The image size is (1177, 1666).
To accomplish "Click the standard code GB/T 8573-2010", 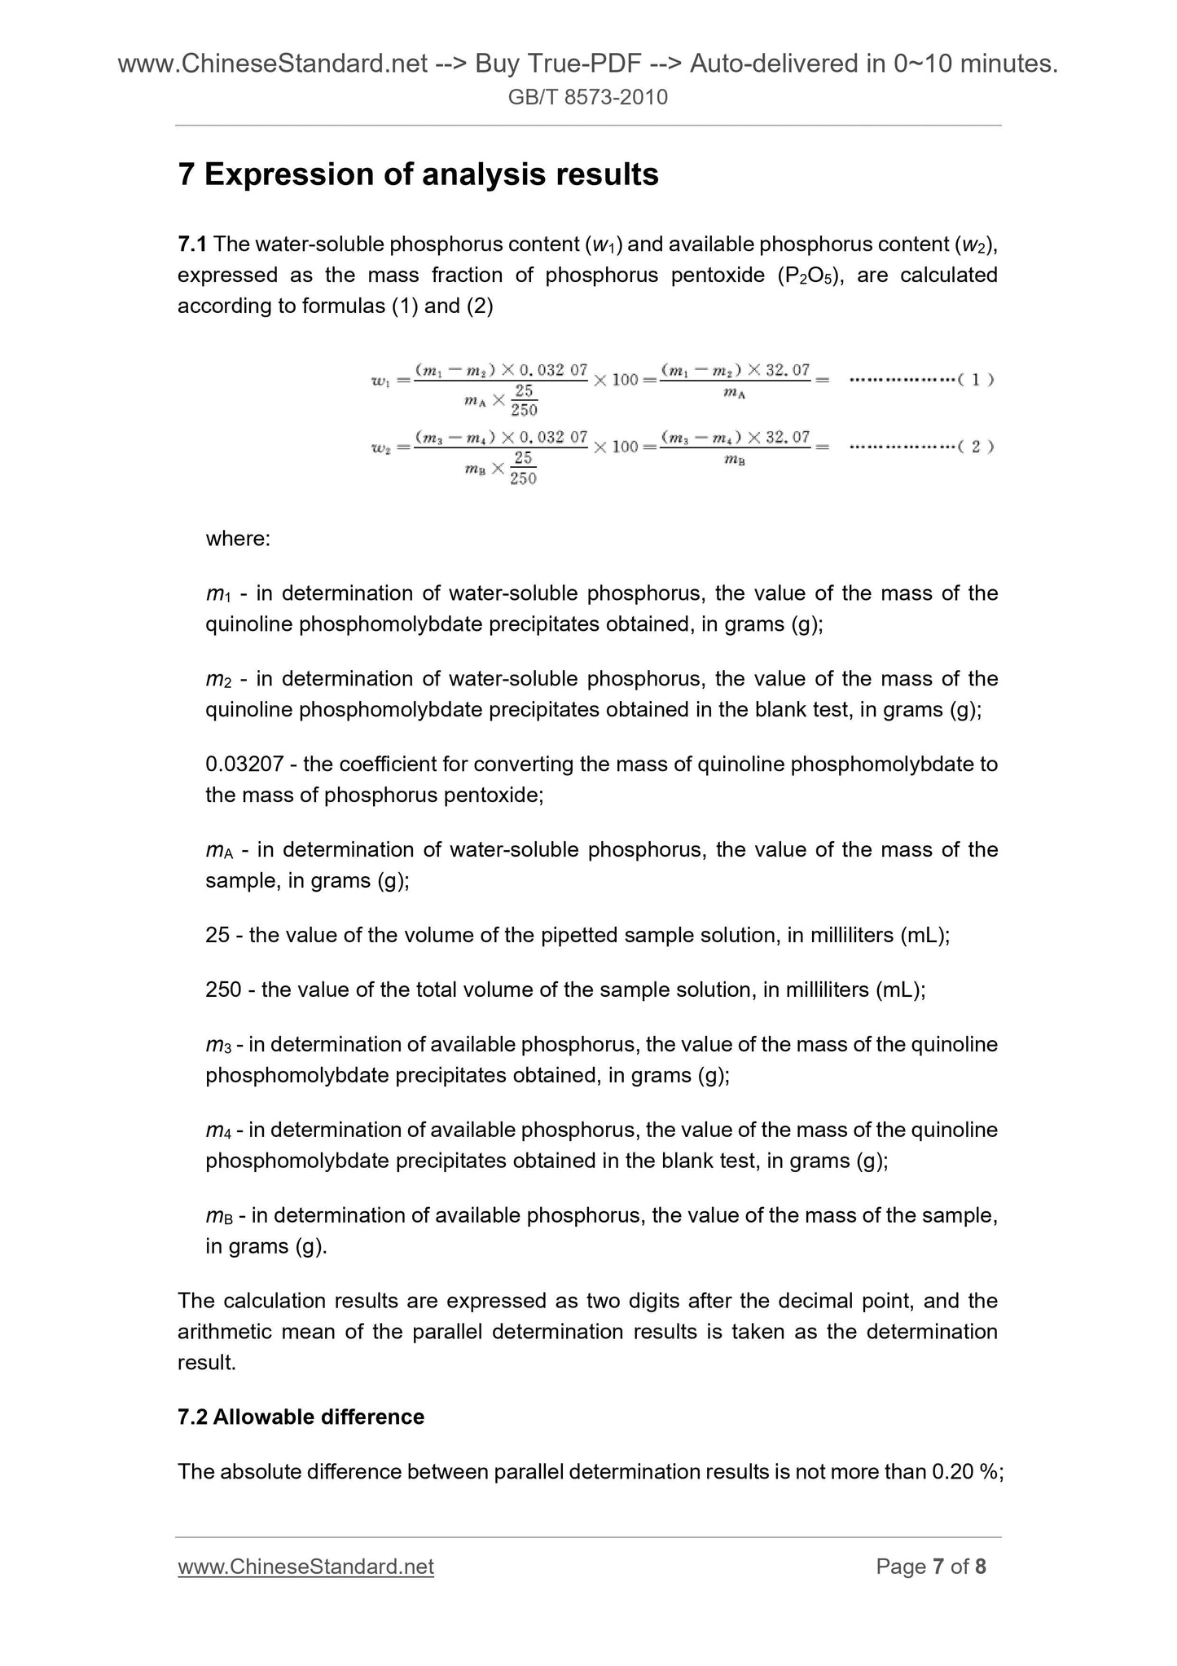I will pyautogui.click(x=587, y=98).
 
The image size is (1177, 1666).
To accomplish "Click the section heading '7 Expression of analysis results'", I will pyautogui.click(x=418, y=174).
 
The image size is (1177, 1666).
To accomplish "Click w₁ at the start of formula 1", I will pyautogui.click(x=380, y=381).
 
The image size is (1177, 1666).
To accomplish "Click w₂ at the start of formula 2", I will pyautogui.click(x=380, y=448).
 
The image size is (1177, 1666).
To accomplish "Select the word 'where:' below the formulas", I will pyautogui.click(x=238, y=539).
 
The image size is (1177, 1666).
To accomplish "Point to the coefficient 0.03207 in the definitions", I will pyautogui.click(x=244, y=764).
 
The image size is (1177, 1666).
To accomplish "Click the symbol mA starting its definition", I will pyautogui.click(x=219, y=851).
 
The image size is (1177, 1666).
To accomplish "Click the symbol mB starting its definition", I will pyautogui.click(x=219, y=1217).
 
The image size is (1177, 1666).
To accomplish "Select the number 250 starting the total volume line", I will pyautogui.click(x=223, y=989).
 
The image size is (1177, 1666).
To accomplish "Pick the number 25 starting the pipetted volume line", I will pyautogui.click(x=217, y=935).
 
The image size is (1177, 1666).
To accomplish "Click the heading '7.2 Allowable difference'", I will pyautogui.click(x=301, y=1417).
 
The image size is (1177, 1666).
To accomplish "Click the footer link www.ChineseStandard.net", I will pyautogui.click(x=305, y=1567).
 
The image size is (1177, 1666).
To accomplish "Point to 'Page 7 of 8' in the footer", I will pyautogui.click(x=931, y=1567).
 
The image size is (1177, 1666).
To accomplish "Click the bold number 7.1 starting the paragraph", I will pyautogui.click(x=192, y=244).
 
